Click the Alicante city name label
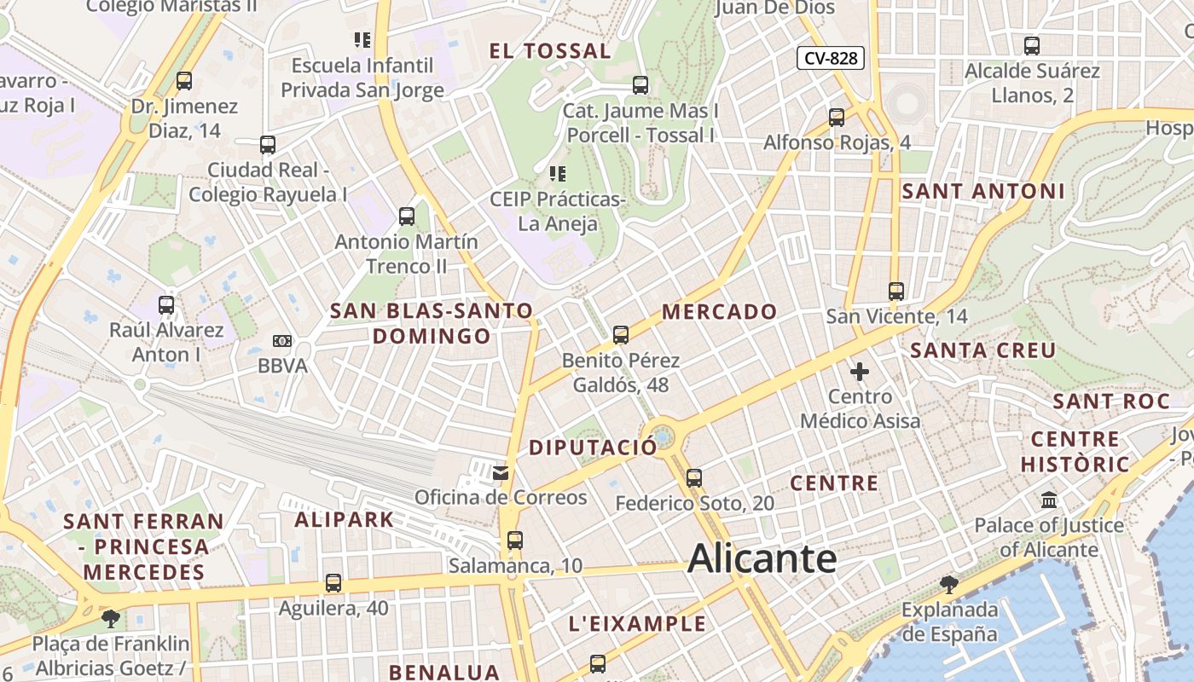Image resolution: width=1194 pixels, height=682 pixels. pos(762,559)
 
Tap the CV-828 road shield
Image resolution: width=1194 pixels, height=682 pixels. pos(831,58)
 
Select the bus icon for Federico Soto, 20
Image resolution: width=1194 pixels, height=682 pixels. pos(694,478)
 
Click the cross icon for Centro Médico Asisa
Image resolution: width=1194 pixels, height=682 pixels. pos(860,372)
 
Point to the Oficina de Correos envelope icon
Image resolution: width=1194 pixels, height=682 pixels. pos(501,472)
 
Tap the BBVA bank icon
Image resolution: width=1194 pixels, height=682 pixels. pos(282,341)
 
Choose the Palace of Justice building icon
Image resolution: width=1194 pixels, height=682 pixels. pos(1049,500)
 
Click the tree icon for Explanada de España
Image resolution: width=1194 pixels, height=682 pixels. pos(948,585)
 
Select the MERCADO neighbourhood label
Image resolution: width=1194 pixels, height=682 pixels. pos(719,312)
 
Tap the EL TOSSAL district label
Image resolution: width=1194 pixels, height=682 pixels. pos(550,51)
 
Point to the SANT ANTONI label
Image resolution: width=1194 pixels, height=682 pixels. pos(983,191)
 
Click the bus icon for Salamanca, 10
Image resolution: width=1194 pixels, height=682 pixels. pos(514,540)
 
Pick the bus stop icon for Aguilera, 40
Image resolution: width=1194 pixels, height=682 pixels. pos(333,583)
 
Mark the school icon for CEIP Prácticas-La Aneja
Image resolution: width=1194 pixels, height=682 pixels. pos(557,174)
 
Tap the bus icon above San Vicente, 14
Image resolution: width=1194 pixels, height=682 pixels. pos(895,292)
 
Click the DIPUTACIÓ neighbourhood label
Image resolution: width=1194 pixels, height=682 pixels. pos(593,447)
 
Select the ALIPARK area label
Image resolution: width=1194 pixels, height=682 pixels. pos(345,519)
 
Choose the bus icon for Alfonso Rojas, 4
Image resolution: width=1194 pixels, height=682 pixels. pos(837,118)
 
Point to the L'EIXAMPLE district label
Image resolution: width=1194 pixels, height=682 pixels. pos(637,623)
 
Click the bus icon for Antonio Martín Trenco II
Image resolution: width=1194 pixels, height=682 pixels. pos(407,217)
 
